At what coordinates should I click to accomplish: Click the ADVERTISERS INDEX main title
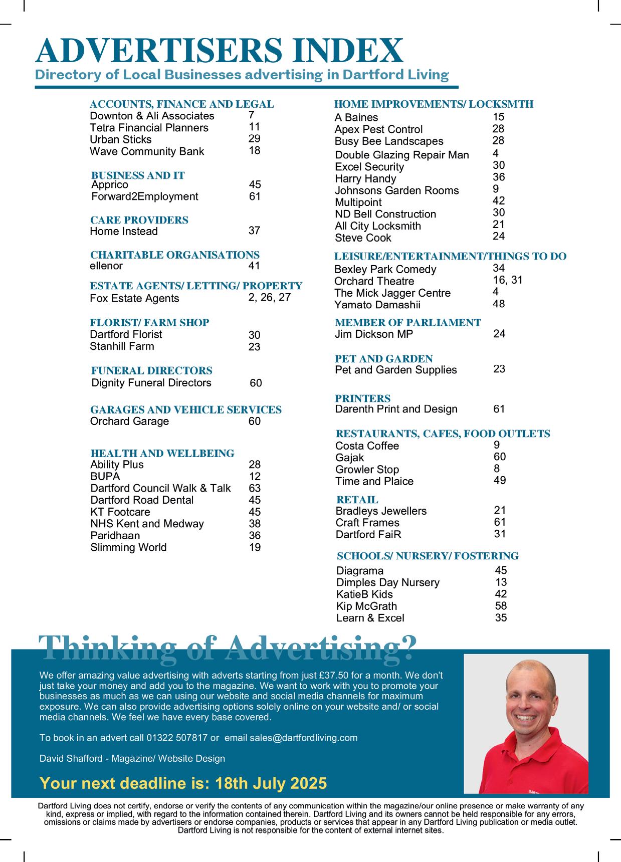tap(219, 51)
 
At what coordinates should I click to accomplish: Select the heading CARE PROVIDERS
tap(139, 220)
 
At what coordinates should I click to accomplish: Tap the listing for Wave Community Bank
tap(147, 151)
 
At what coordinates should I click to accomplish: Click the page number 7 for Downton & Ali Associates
tap(251, 115)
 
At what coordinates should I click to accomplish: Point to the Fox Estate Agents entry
tap(134, 298)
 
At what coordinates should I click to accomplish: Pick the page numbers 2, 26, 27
tap(269, 297)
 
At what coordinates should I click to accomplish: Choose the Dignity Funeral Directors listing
tap(151, 383)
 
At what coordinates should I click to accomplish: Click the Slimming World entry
tap(128, 547)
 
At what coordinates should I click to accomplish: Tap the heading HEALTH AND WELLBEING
tap(162, 454)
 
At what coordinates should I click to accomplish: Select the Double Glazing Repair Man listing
tap(402, 155)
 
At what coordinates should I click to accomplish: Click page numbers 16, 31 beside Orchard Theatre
tap(507, 280)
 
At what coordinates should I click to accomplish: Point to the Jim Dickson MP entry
tap(374, 334)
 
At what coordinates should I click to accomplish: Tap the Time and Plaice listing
tap(374, 482)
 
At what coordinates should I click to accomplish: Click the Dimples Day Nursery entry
tap(388, 582)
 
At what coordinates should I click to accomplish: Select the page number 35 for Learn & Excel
tap(501, 618)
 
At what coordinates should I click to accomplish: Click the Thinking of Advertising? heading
tap(228, 648)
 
